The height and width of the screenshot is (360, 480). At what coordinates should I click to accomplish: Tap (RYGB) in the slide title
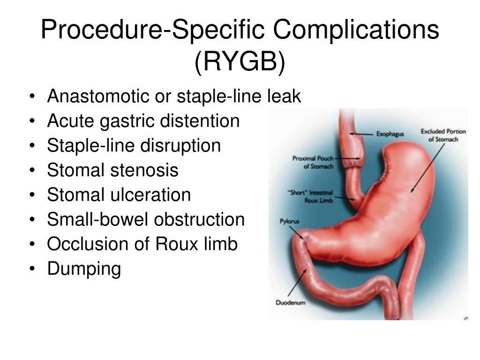(240, 62)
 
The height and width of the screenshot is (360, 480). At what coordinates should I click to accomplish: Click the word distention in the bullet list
(200, 121)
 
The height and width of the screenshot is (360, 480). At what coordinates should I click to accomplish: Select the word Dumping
(84, 269)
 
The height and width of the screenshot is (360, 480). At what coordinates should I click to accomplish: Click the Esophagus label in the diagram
(390, 134)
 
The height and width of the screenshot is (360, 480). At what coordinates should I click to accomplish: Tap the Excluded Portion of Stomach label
(443, 135)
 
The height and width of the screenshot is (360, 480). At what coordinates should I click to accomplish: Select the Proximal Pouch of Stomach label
(312, 162)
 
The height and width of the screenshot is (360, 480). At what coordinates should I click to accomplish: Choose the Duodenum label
(290, 303)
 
